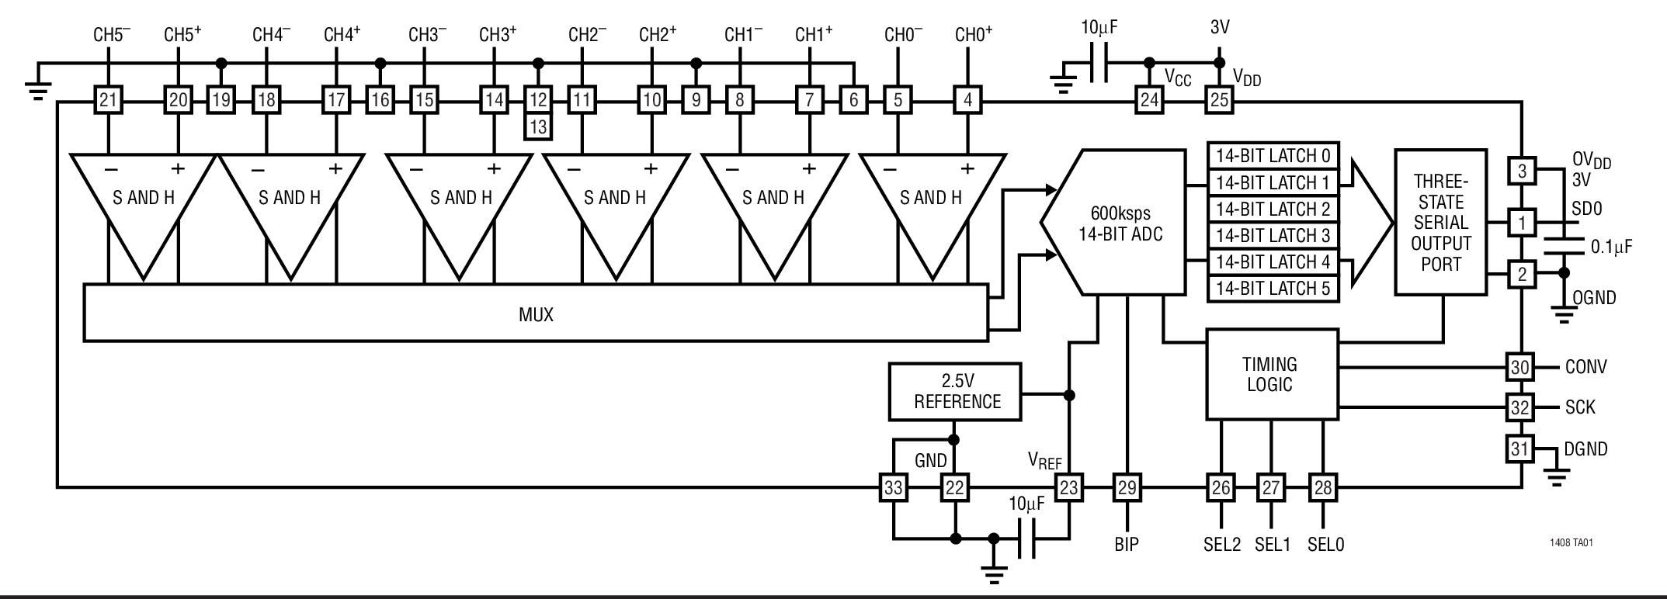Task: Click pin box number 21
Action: tap(109, 100)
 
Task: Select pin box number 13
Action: tap(538, 126)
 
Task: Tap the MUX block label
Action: tap(536, 314)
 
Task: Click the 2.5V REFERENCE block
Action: tap(955, 392)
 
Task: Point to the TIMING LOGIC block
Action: tap(1271, 374)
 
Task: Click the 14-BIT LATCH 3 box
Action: tap(1273, 235)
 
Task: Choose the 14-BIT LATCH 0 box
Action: tap(1273, 156)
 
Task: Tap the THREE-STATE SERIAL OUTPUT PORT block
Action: tap(1440, 223)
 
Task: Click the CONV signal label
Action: tap(1585, 367)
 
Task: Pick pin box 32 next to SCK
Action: tap(1519, 407)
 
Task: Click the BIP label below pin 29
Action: tap(1126, 545)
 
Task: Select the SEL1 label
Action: tap(1272, 545)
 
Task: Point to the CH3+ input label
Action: tap(497, 35)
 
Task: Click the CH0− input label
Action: tap(903, 35)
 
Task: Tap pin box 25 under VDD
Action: tap(1219, 100)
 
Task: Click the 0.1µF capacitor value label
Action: tap(1611, 248)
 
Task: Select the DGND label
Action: tap(1585, 449)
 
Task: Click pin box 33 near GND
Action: tap(893, 488)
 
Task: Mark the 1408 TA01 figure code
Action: tap(1571, 543)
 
